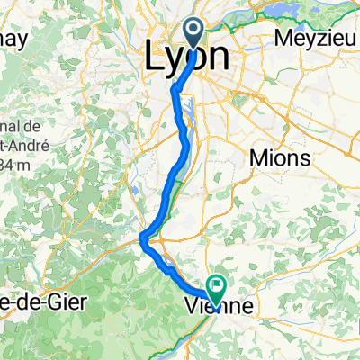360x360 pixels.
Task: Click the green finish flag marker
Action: pyautogui.click(x=217, y=286)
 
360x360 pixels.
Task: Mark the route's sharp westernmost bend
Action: pyautogui.click(x=142, y=238)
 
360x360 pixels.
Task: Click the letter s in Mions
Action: pyautogui.click(x=306, y=158)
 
